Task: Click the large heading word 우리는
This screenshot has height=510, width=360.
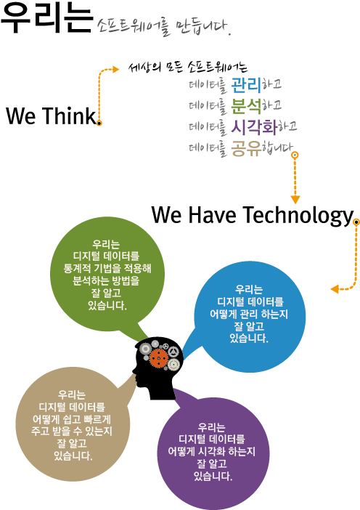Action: pos(47,17)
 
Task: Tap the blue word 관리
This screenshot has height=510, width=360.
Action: pos(246,85)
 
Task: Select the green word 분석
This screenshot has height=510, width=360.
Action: pos(246,106)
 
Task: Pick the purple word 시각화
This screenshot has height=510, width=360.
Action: pos(254,127)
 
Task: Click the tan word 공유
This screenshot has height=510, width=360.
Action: pos(246,148)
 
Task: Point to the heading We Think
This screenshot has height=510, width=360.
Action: pos(51,116)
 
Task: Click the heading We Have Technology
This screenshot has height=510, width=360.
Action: pos(252,215)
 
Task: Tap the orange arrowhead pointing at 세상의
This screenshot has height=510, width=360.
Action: pos(115,69)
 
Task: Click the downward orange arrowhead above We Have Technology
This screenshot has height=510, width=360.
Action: pos(295,199)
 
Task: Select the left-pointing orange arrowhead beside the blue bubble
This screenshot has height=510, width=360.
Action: pos(335,289)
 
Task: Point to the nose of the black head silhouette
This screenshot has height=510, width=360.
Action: pos(134,371)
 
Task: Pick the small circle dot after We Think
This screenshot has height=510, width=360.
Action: pos(99,123)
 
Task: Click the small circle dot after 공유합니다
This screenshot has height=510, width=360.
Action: pos(295,155)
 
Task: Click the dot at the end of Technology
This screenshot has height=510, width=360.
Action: pos(356,222)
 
